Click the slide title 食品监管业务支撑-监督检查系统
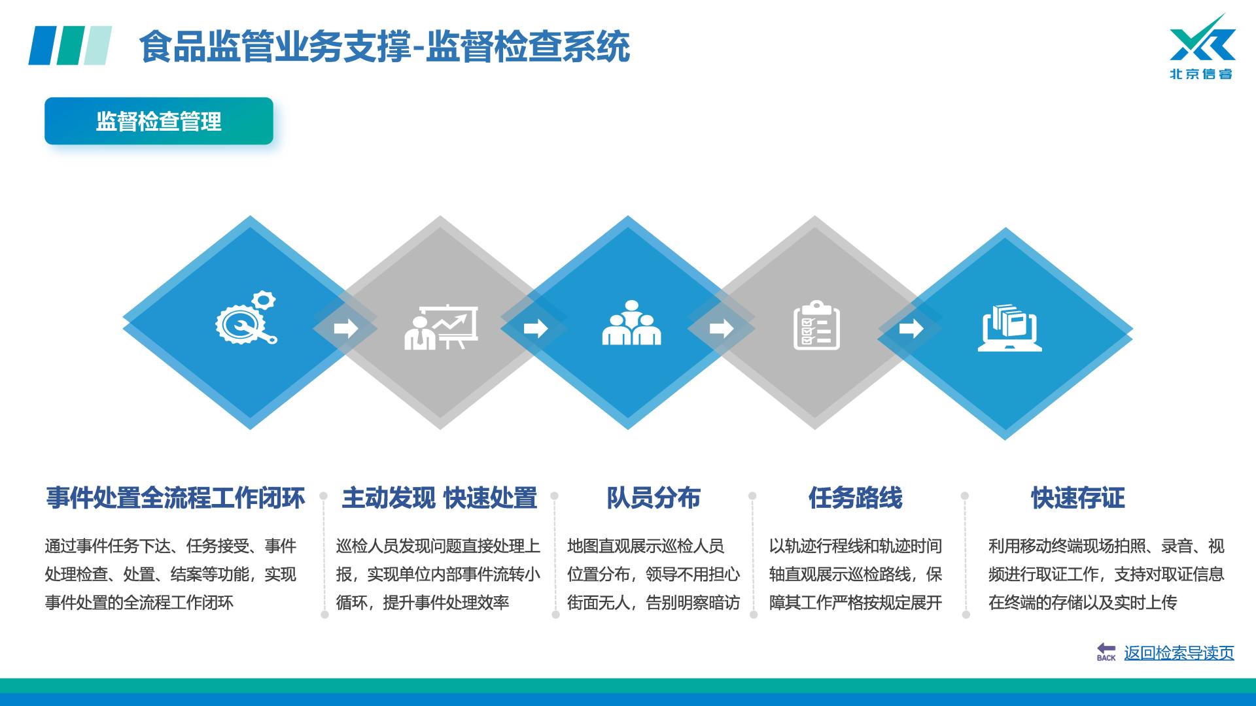(385, 46)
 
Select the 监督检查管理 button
(159, 121)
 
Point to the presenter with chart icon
(441, 327)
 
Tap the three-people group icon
(631, 323)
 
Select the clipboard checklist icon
(816, 325)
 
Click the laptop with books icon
(1009, 328)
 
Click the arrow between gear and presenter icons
(346, 328)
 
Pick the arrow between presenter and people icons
(536, 328)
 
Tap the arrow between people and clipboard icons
(722, 328)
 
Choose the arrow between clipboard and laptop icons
(911, 328)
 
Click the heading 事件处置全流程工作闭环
(175, 498)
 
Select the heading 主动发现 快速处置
(439, 498)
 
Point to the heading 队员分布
(654, 498)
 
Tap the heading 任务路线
(855, 498)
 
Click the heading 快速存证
(1078, 498)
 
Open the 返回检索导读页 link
(1179, 653)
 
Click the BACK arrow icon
(1106, 652)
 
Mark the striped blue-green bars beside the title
(70, 45)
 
